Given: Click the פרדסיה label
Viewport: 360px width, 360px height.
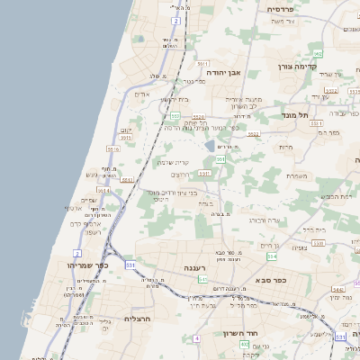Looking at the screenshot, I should tap(286, 8).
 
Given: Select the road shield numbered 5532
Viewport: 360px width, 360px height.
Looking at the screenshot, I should tap(254, 135).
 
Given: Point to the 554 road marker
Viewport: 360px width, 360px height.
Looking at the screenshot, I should tap(271, 257).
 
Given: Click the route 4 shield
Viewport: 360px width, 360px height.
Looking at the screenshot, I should tap(196, 337).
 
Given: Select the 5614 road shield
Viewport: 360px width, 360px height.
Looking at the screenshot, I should tap(103, 191).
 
